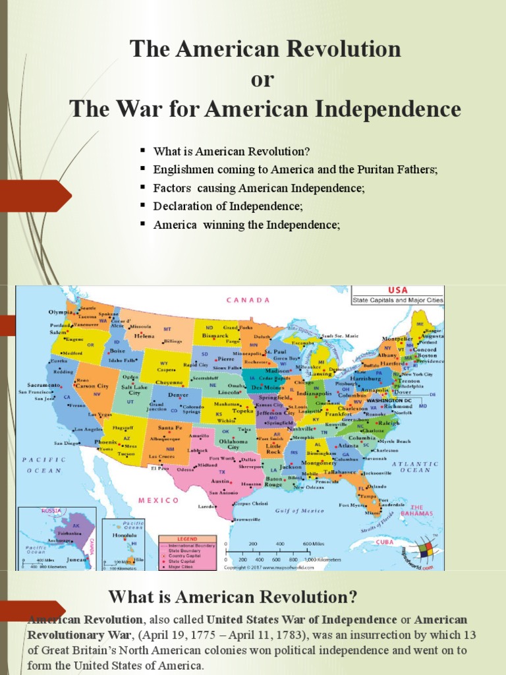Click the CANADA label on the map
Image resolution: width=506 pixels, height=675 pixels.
click(248, 300)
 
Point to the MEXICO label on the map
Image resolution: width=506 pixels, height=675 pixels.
click(158, 500)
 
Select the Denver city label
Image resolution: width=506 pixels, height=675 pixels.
click(179, 395)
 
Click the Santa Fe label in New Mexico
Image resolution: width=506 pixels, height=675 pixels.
click(170, 428)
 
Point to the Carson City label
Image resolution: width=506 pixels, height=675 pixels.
click(92, 386)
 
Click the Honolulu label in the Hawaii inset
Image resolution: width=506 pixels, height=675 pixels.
click(126, 535)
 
